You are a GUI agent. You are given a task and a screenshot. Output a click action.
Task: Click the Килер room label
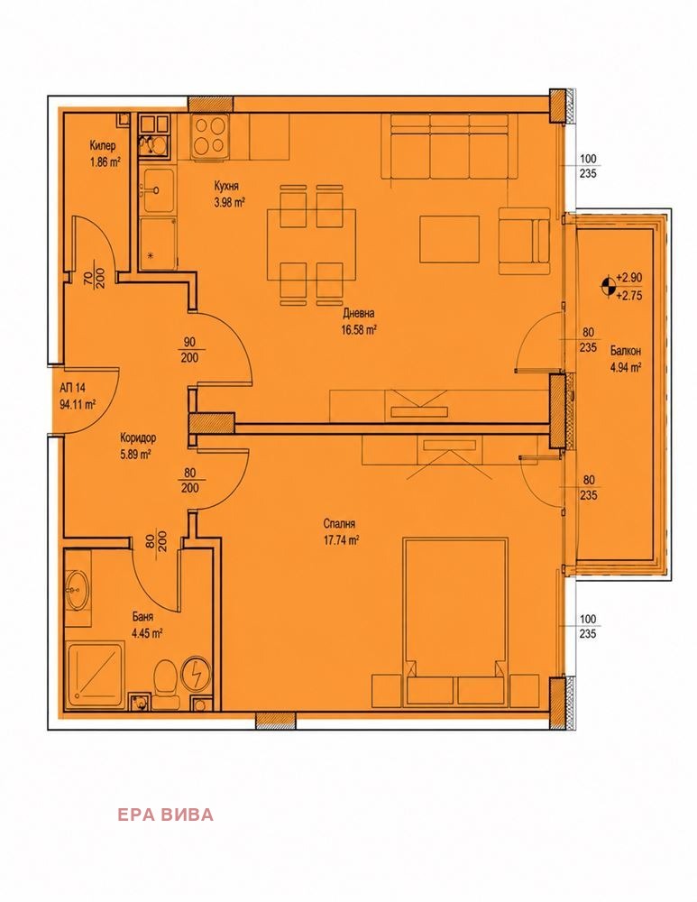pyautogui.click(x=103, y=145)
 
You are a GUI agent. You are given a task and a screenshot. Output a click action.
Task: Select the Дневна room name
pyautogui.click(x=359, y=314)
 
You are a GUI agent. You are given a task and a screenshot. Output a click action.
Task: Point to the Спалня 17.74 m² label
pyautogui.click(x=342, y=532)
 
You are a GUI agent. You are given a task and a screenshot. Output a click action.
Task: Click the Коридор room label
pyautogui.click(x=137, y=438)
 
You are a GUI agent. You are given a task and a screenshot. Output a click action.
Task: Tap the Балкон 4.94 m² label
pyautogui.click(x=626, y=359)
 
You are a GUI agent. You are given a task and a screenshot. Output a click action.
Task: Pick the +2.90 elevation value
pyautogui.click(x=628, y=277)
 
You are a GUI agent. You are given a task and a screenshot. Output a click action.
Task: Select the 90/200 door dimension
pyautogui.click(x=189, y=350)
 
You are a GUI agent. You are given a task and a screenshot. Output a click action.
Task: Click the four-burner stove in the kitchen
pyautogui.click(x=210, y=135)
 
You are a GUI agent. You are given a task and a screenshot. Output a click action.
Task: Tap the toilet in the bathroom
pyautogui.click(x=166, y=679)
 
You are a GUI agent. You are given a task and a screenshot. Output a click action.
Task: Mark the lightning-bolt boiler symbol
pyautogui.click(x=196, y=673)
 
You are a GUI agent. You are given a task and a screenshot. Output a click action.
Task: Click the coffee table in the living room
pyautogui.click(x=450, y=239)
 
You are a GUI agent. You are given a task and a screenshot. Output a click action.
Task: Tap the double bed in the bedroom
pyautogui.click(x=455, y=621)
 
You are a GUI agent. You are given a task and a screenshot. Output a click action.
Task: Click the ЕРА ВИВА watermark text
pyautogui.click(x=166, y=815)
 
